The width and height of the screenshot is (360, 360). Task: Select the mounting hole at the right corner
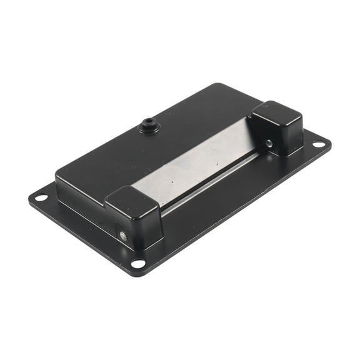tap(318, 144)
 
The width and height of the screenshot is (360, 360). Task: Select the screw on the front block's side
tap(122, 236)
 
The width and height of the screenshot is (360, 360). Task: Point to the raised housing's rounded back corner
tap(217, 86)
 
